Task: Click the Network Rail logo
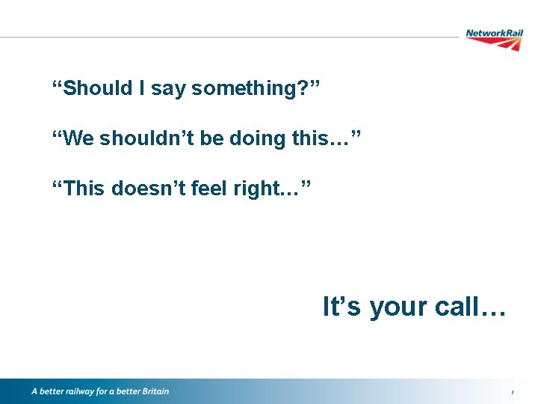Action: tap(494, 38)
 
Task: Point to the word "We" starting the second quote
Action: tap(78, 138)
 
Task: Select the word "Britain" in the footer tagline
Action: tap(152, 391)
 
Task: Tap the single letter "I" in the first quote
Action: tap(142, 88)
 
